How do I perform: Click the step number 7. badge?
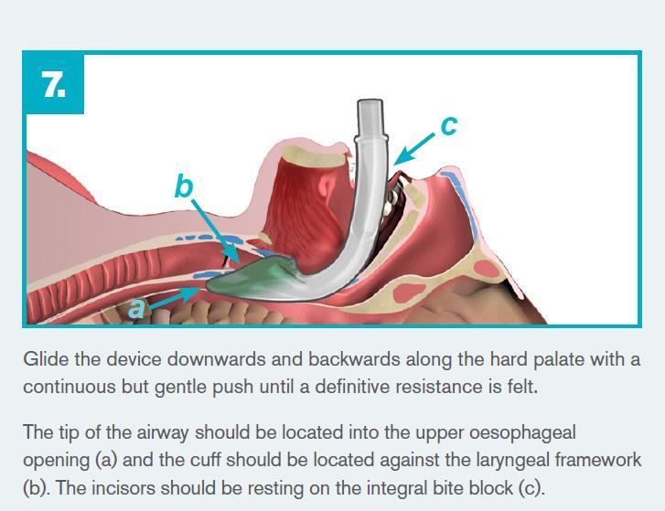(54, 84)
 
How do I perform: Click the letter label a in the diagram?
(136, 308)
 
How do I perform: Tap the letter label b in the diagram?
(184, 186)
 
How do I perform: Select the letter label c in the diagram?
(448, 124)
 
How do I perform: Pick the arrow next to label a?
(173, 297)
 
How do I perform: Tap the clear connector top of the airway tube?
(370, 119)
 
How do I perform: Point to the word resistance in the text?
(440, 387)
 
